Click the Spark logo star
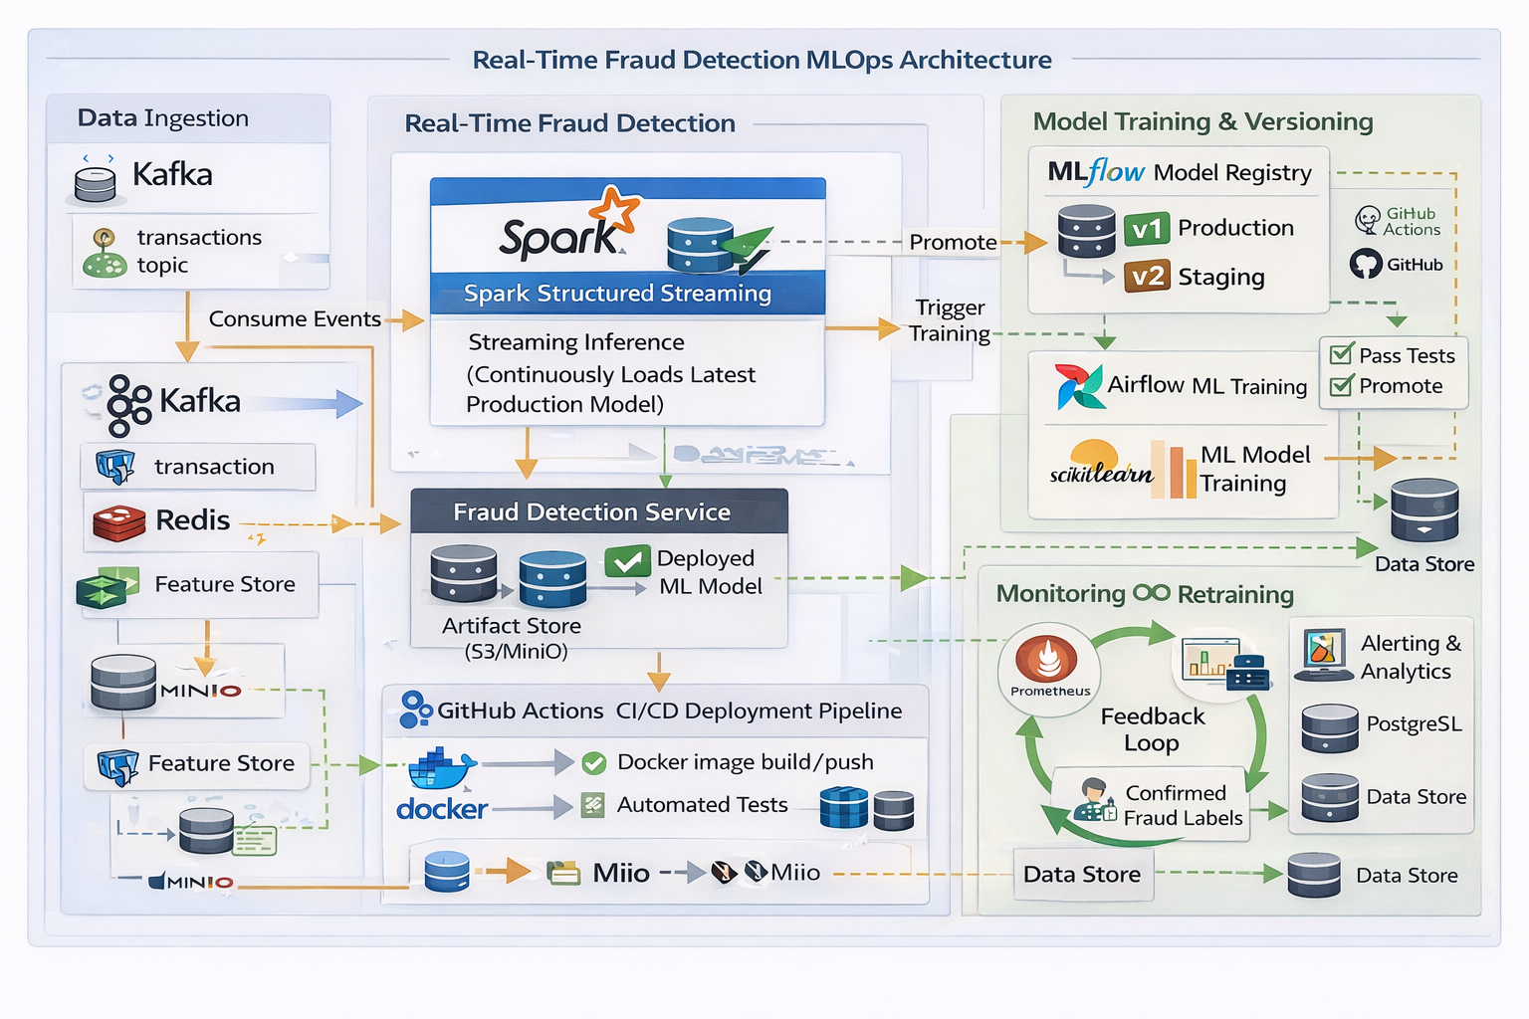click(x=614, y=211)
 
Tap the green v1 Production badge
click(x=1147, y=229)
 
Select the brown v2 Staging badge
click(x=1147, y=276)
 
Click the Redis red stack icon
click(x=118, y=521)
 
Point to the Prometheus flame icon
click(x=1046, y=658)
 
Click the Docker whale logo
click(x=441, y=769)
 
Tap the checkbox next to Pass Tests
click(x=1341, y=354)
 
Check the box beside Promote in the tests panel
click(x=1341, y=385)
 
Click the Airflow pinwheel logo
click(x=1079, y=386)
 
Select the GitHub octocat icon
click(x=1365, y=264)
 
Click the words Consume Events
click(x=295, y=319)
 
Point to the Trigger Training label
click(x=950, y=320)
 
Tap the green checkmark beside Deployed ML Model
click(x=627, y=561)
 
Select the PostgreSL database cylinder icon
click(x=1329, y=727)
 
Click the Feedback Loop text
click(x=1152, y=729)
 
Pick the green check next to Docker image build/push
click(x=594, y=763)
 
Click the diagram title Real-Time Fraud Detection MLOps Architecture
click(x=762, y=60)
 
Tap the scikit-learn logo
click(x=1100, y=466)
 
